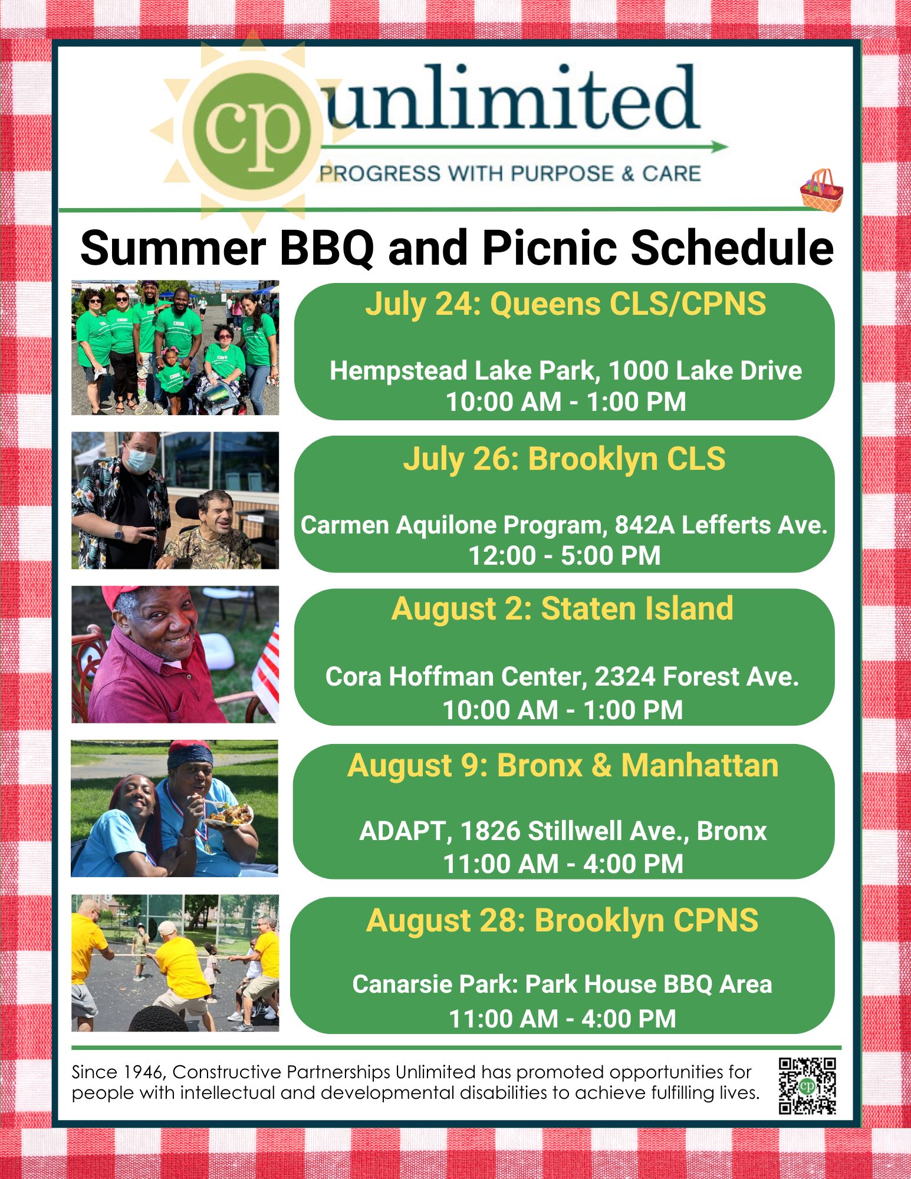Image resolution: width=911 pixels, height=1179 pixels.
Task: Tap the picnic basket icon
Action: click(x=821, y=190)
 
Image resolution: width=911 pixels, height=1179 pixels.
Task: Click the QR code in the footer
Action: click(x=807, y=1086)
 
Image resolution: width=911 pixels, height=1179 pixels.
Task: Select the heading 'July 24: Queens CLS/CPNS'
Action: click(x=565, y=304)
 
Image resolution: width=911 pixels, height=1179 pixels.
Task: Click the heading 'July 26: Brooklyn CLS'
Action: click(x=564, y=459)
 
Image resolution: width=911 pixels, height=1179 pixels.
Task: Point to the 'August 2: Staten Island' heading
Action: click(x=563, y=608)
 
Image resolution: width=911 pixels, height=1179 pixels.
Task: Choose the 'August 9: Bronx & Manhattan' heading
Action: click(x=563, y=765)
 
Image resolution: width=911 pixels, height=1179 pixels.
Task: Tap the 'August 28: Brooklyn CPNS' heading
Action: click(x=563, y=920)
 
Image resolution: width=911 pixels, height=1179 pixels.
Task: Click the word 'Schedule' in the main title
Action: click(x=732, y=248)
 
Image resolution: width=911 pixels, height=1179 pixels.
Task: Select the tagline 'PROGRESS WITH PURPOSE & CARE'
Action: click(x=510, y=174)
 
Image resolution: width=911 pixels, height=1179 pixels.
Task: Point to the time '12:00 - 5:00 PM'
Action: click(x=564, y=555)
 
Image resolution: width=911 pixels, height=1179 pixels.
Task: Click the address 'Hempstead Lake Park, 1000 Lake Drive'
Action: click(x=565, y=371)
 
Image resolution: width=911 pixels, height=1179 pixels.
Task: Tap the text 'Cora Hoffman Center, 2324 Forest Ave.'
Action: click(x=562, y=677)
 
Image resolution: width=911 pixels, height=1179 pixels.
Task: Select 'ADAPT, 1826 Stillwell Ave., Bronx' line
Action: click(x=563, y=831)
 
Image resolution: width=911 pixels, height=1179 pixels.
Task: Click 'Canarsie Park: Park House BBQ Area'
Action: click(x=562, y=984)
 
